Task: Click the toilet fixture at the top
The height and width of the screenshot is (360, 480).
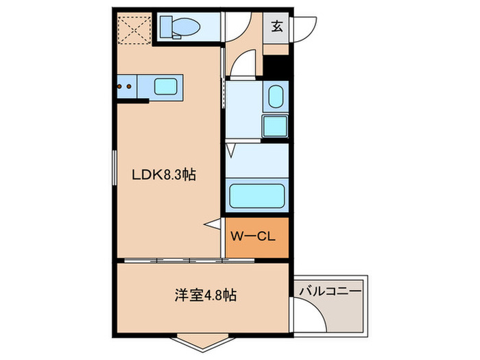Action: (180, 28)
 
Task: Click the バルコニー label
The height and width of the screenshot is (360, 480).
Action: (330, 291)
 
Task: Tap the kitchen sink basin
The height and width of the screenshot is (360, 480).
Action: (167, 87)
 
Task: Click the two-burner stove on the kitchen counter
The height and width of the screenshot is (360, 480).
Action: (127, 87)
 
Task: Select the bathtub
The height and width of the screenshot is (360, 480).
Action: (257, 195)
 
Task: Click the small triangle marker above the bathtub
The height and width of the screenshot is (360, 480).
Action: (231, 149)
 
